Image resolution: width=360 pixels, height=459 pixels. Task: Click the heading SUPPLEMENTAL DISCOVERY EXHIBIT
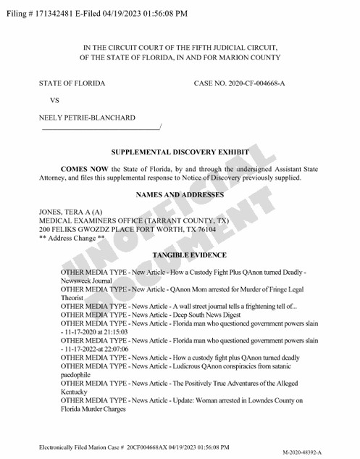click(180, 153)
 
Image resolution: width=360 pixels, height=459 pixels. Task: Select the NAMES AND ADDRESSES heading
click(180, 194)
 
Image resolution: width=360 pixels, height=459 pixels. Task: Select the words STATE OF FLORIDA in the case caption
click(72, 83)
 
